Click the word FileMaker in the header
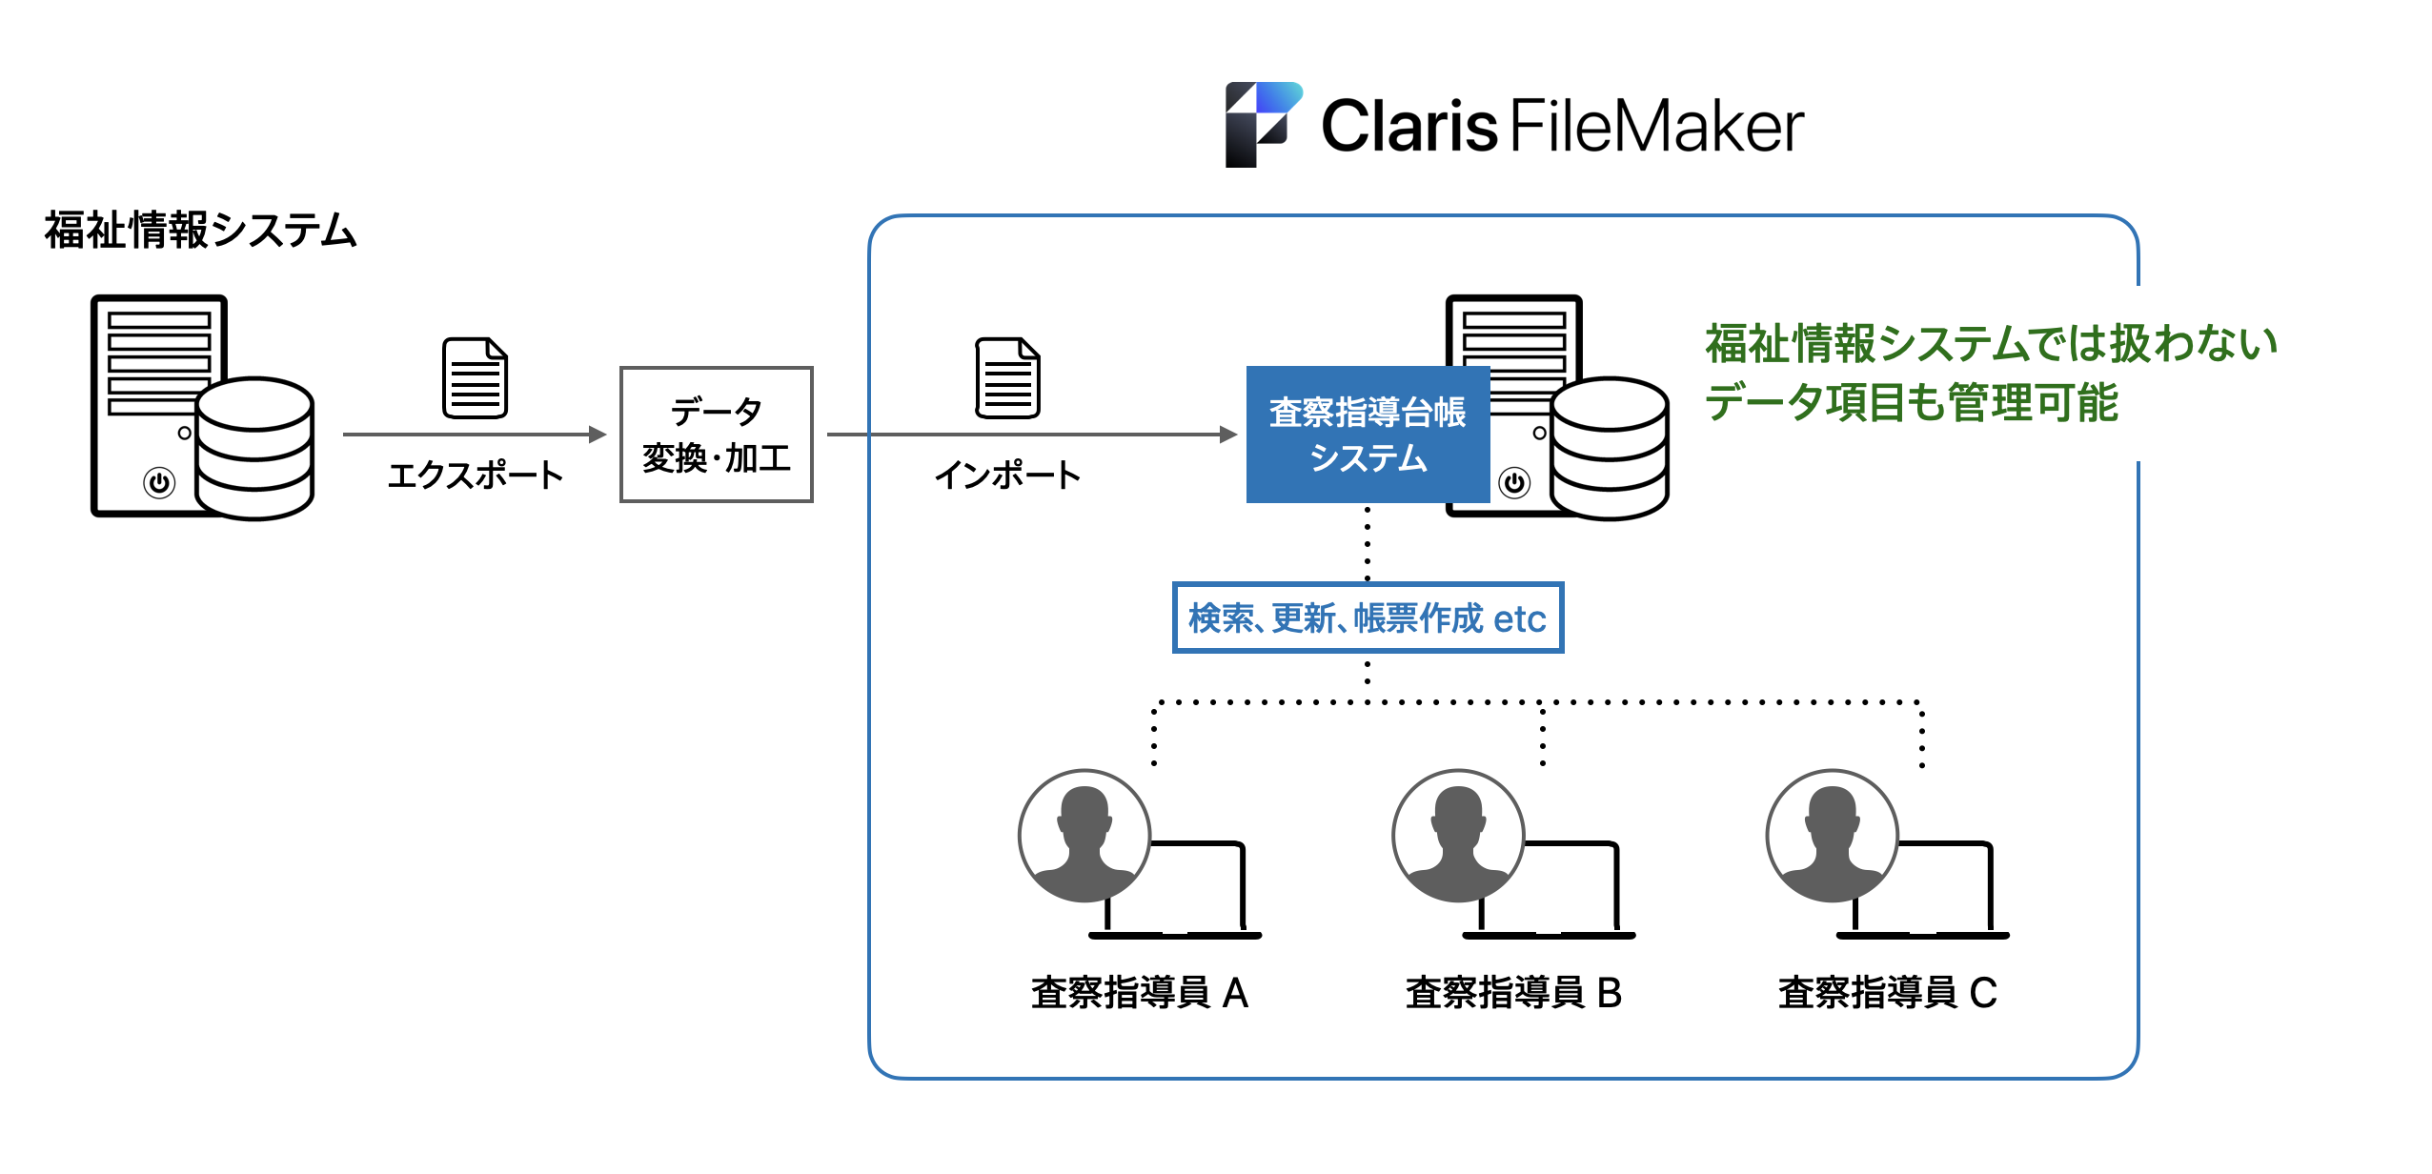pyautogui.click(x=1656, y=126)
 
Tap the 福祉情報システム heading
pyautogui.click(x=200, y=231)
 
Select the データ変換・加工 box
pyautogui.click(x=716, y=435)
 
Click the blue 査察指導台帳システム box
pyautogui.click(x=1368, y=435)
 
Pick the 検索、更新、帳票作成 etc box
pyautogui.click(x=1368, y=617)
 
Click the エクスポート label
pyautogui.click(x=475, y=475)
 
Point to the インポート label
pyautogui.click(x=1007, y=475)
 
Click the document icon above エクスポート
pyautogui.click(x=475, y=378)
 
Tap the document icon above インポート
pyautogui.click(x=1007, y=378)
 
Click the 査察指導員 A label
pyautogui.click(x=1140, y=993)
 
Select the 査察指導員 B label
pyautogui.click(x=1513, y=993)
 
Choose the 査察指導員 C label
pyautogui.click(x=1887, y=993)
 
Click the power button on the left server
pyautogui.click(x=159, y=482)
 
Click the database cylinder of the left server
pyautogui.click(x=254, y=448)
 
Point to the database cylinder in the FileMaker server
pyautogui.click(x=1610, y=448)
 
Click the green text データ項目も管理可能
pyautogui.click(x=1911, y=402)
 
